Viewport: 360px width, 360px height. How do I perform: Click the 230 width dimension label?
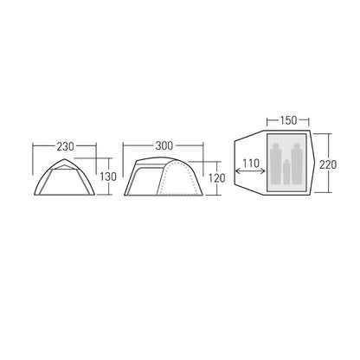point(65,146)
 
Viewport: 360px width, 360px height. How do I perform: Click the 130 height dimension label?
point(108,177)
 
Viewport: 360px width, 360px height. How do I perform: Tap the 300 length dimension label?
point(164,145)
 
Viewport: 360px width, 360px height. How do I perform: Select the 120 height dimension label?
point(216,178)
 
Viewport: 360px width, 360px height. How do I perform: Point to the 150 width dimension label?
point(288,120)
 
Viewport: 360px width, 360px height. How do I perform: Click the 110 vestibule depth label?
point(251,164)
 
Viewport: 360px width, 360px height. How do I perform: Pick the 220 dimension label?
point(328,164)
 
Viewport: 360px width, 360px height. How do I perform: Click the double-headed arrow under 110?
point(250,171)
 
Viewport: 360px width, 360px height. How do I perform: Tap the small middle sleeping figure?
point(286,172)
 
